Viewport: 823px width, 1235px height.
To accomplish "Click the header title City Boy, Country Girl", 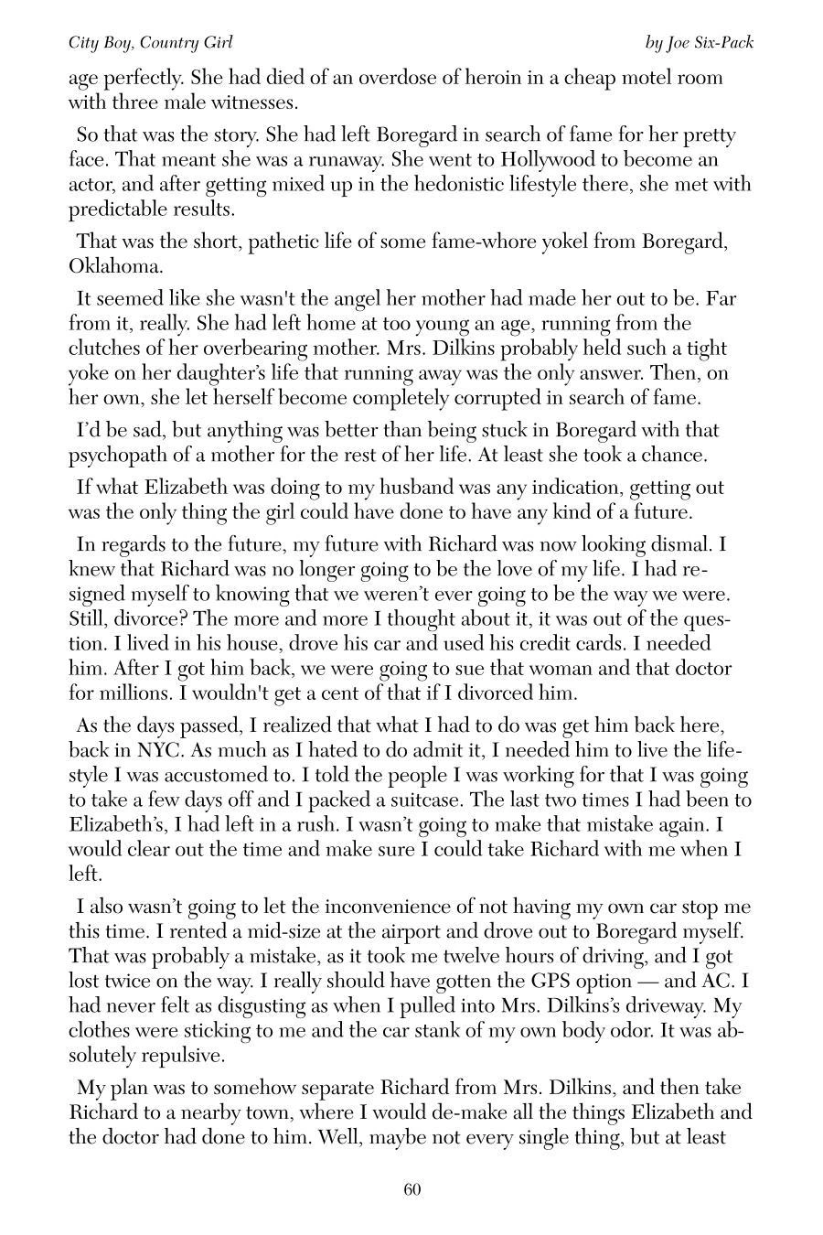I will (151, 43).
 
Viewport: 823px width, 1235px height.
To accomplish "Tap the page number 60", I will (411, 1189).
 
